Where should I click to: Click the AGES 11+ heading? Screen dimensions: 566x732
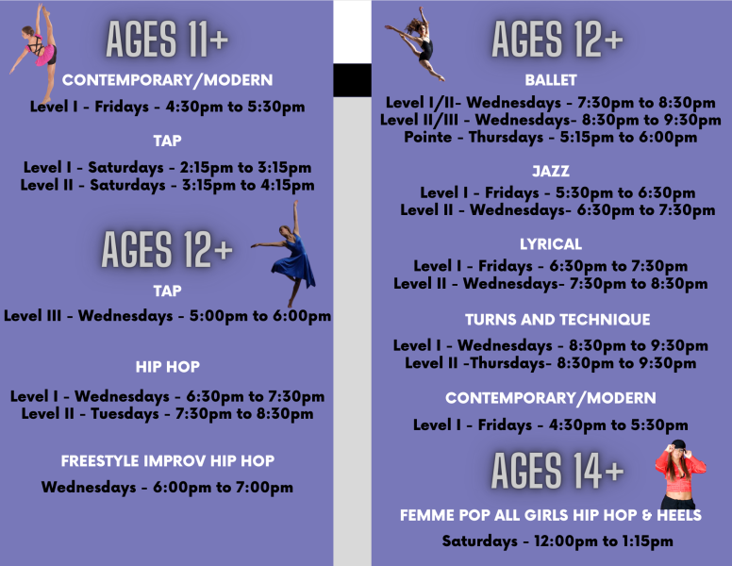click(167, 40)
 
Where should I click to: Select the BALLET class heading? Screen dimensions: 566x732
click(551, 80)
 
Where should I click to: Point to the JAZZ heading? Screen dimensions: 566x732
click(551, 171)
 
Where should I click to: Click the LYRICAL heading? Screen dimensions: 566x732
click(551, 244)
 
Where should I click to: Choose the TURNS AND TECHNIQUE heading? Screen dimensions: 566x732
click(557, 320)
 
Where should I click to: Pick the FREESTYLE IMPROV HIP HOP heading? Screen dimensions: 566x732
click(168, 461)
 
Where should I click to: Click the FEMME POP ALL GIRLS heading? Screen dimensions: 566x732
click(551, 515)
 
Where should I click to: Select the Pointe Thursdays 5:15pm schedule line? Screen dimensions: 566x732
click(551, 137)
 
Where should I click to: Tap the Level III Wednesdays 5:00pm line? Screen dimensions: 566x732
click(168, 316)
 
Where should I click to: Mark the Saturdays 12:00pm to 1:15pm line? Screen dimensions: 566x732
click(557, 541)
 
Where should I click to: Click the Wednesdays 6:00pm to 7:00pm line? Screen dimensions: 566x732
click(168, 488)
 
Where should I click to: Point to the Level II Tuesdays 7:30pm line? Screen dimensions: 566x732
click(168, 413)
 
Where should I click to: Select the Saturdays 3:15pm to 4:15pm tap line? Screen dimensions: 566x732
click(168, 185)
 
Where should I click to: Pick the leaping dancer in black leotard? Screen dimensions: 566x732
click(418, 42)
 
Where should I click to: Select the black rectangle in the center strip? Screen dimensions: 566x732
click(352, 80)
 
